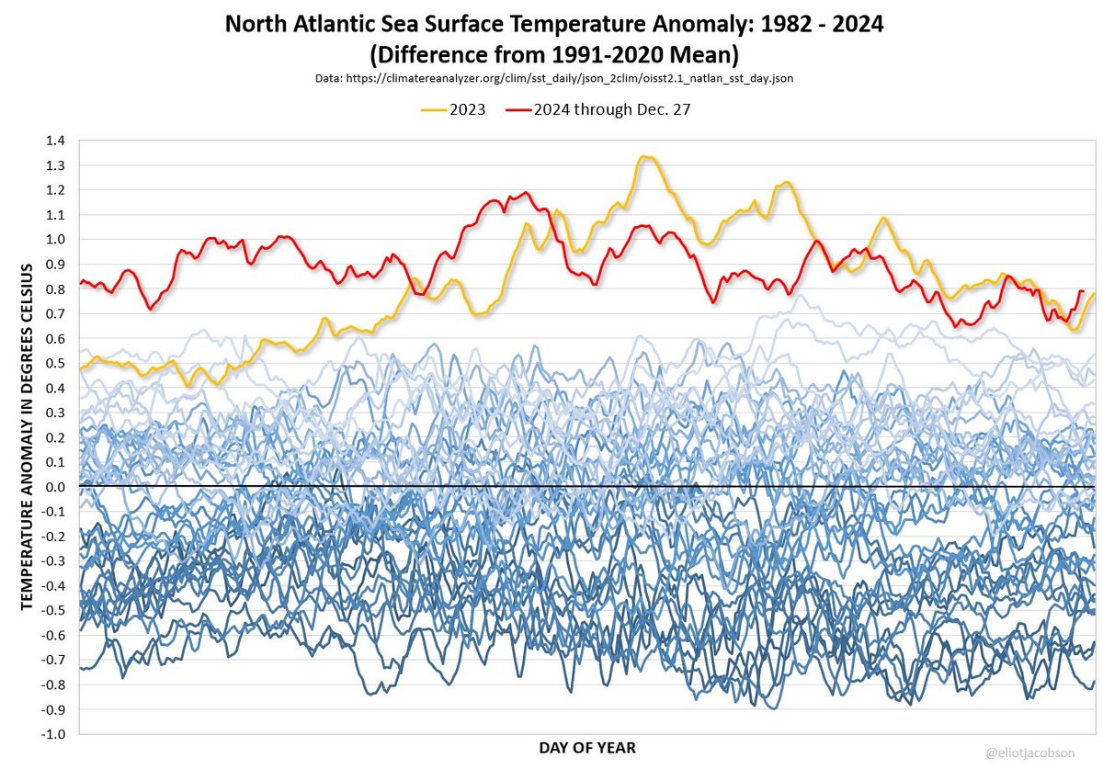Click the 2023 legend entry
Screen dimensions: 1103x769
pyautogui.click(x=453, y=109)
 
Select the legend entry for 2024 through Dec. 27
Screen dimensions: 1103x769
pyautogui.click(x=597, y=109)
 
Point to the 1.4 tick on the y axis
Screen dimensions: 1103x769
pyautogui.click(x=55, y=141)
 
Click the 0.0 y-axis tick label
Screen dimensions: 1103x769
pyautogui.click(x=55, y=487)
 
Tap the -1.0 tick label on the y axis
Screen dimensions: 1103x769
pyautogui.click(x=53, y=734)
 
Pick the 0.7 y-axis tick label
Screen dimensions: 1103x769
pyautogui.click(x=55, y=313)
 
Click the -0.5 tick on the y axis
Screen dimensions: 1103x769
pyautogui.click(x=53, y=610)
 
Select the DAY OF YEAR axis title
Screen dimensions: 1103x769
pyautogui.click(x=587, y=748)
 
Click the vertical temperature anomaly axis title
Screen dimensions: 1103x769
pyautogui.click(x=27, y=437)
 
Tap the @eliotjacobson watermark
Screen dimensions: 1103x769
pyautogui.click(x=1030, y=752)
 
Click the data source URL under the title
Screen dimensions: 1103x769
pyautogui.click(x=554, y=78)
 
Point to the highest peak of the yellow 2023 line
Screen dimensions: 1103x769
pyautogui.click(x=646, y=156)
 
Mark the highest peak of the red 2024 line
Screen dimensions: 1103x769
pyautogui.click(x=526, y=193)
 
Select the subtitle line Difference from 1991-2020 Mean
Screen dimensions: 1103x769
pyautogui.click(x=554, y=54)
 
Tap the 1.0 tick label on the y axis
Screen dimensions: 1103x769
pyautogui.click(x=55, y=240)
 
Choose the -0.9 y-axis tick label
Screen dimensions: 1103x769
pyautogui.click(x=53, y=709)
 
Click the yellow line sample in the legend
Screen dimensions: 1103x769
pyautogui.click(x=433, y=109)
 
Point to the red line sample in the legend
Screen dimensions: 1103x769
pyautogui.click(x=518, y=109)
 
